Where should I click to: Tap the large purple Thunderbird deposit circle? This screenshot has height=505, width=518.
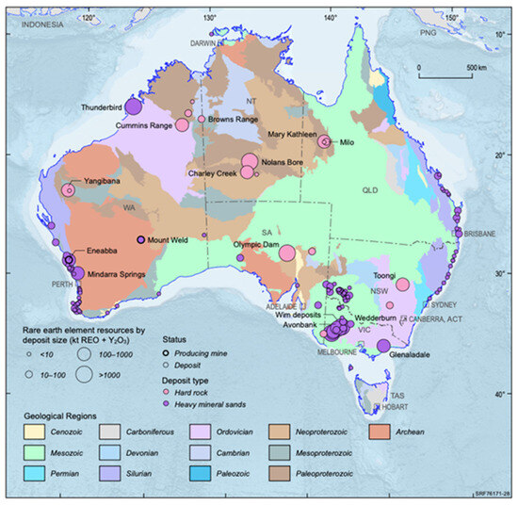[x=135, y=106]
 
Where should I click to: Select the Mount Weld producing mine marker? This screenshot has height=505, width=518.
[x=141, y=240]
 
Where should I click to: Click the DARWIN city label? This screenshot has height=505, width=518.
[x=203, y=43]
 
